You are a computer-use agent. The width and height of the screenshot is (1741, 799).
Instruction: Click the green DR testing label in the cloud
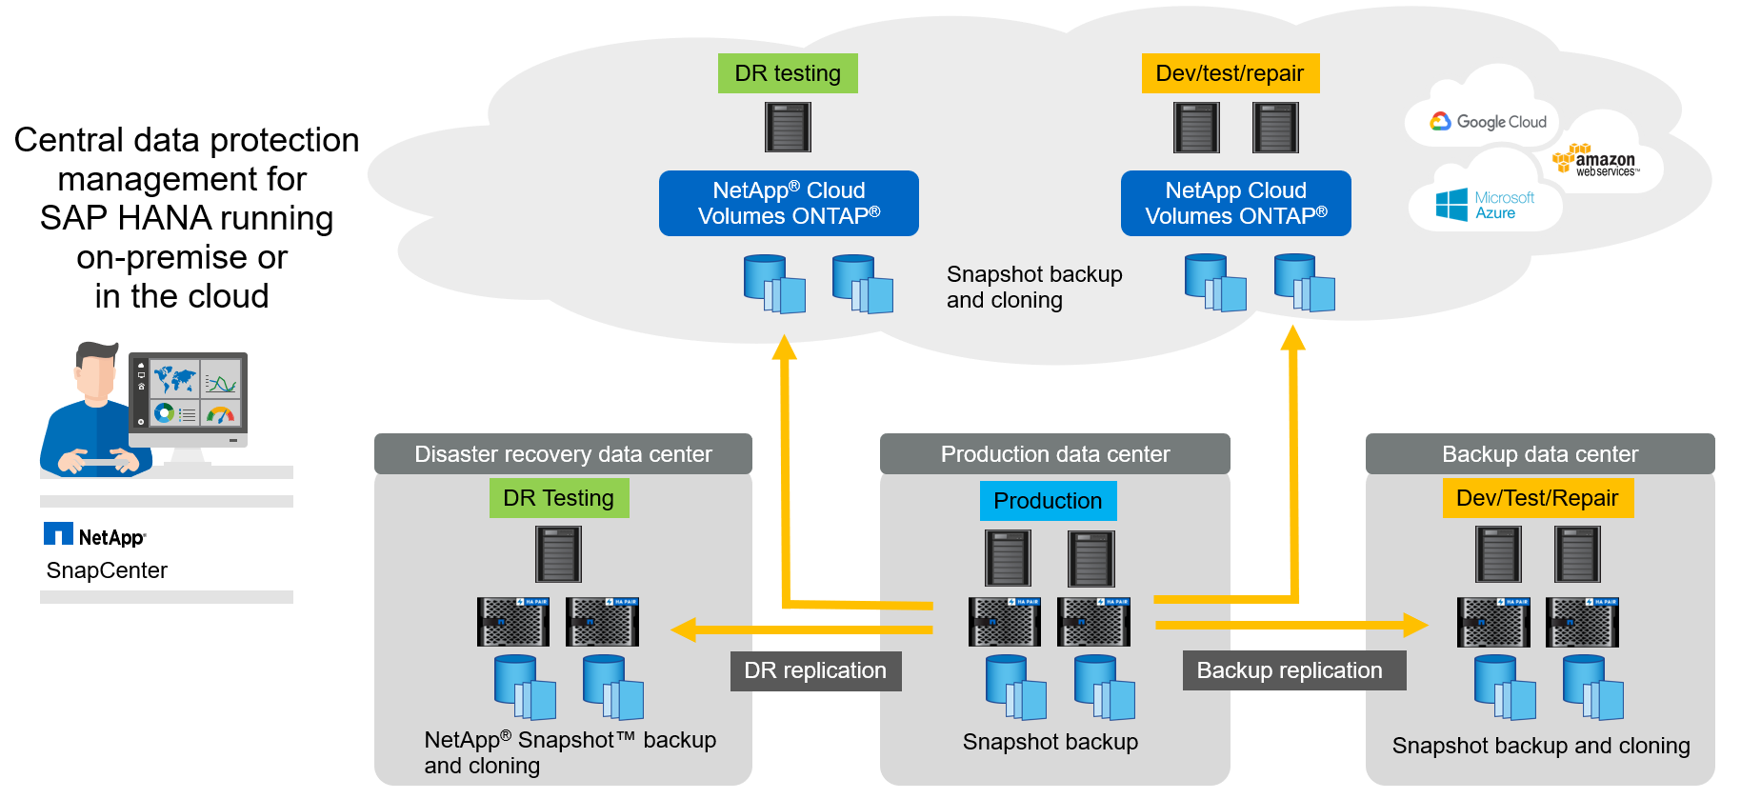[x=788, y=73]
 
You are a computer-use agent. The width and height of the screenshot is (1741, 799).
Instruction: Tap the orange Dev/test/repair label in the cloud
[x=1230, y=73]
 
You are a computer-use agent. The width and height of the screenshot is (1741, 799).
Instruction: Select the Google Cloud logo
[x=1488, y=122]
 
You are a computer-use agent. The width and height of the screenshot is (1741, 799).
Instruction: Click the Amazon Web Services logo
[x=1600, y=161]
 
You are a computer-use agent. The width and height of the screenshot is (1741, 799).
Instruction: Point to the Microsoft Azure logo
[x=1485, y=205]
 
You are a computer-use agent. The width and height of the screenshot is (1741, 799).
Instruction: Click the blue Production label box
[x=1048, y=501]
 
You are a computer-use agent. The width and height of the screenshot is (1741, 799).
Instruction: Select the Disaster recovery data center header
[x=563, y=454]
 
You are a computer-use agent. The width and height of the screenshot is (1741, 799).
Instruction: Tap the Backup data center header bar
[x=1540, y=454]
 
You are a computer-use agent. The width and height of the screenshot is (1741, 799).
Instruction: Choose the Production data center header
[x=1055, y=454]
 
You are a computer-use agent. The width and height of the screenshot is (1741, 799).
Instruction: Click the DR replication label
[x=815, y=670]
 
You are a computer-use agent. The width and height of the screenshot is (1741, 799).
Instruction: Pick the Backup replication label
[x=1290, y=670]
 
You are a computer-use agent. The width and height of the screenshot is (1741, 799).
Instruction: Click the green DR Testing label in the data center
[x=559, y=498]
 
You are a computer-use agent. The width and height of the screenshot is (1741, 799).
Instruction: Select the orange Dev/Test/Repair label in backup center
[x=1537, y=498]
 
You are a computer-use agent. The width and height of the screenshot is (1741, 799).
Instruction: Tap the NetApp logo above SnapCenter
[x=95, y=536]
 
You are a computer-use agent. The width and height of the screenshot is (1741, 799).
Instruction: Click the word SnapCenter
[x=107, y=570]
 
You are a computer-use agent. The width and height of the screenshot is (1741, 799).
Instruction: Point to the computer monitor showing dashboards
[x=189, y=397]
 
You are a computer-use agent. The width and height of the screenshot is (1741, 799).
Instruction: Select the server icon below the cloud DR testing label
[x=788, y=127]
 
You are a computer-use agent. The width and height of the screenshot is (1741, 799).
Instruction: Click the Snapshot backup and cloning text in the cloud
[x=1034, y=287]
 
